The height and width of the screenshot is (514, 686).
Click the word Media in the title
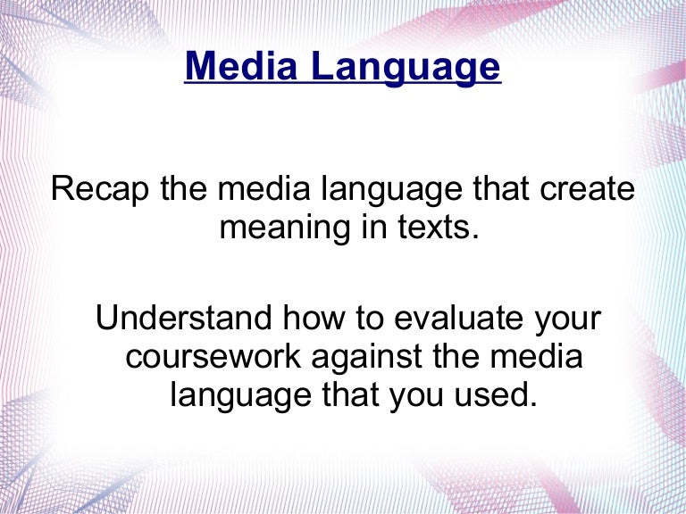pyautogui.click(x=237, y=67)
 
